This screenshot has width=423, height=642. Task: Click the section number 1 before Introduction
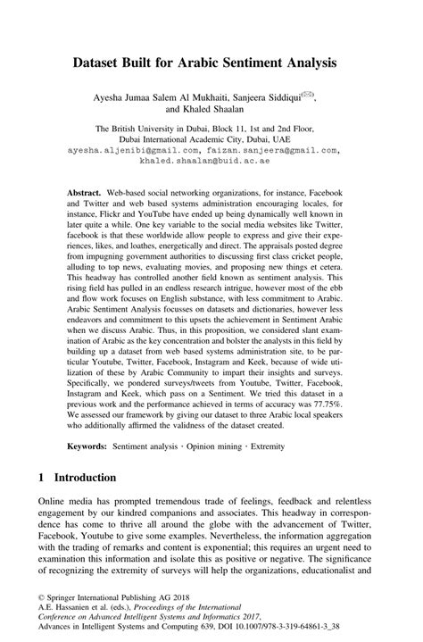pyautogui.click(x=41, y=503)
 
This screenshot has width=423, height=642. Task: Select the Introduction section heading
pyautogui.click(x=92, y=503)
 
